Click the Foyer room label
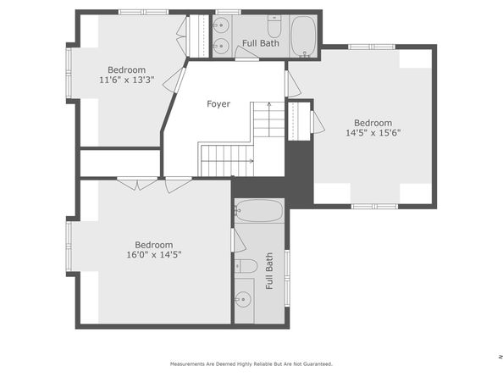click(218, 104)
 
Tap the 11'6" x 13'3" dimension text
click(127, 80)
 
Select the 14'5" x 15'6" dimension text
click(373, 132)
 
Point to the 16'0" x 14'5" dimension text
click(154, 255)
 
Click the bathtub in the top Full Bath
click(303, 36)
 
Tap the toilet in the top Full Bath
click(274, 26)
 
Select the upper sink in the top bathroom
click(221, 25)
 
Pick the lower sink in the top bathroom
click(221, 47)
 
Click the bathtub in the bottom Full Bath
click(259, 210)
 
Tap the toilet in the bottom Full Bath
click(246, 266)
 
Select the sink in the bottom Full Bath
click(243, 299)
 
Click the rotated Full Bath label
click(269, 271)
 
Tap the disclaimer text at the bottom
click(251, 363)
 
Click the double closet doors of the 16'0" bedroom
click(137, 184)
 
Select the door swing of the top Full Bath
click(246, 53)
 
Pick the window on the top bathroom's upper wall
click(228, 12)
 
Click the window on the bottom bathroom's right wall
click(287, 278)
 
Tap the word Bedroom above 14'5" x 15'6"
click(373, 123)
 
